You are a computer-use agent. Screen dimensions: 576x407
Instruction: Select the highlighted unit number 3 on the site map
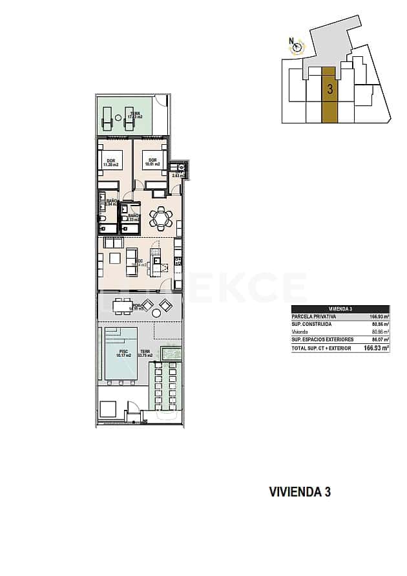click(x=329, y=89)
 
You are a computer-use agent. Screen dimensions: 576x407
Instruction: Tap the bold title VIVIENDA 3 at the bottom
click(x=300, y=492)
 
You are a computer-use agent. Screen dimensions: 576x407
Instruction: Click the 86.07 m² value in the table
click(x=380, y=339)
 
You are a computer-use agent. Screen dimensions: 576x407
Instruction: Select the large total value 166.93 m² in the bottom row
click(x=376, y=348)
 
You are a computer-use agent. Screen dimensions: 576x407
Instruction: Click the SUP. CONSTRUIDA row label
click(x=312, y=324)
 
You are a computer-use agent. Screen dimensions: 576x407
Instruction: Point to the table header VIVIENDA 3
click(x=340, y=309)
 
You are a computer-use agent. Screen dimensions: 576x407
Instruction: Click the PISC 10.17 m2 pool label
click(x=123, y=354)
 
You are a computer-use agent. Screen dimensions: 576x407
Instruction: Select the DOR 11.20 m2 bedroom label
click(x=111, y=163)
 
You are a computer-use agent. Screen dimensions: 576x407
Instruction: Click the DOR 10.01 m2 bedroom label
click(x=152, y=163)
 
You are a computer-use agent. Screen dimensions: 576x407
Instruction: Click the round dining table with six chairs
click(x=161, y=219)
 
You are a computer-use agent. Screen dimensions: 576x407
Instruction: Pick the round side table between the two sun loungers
click(x=118, y=118)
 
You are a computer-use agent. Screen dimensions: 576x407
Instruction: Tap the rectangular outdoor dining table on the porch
click(x=122, y=305)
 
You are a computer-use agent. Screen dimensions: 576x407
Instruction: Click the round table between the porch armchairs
click(x=157, y=314)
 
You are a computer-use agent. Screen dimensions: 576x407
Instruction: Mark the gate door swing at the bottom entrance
click(x=133, y=409)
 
